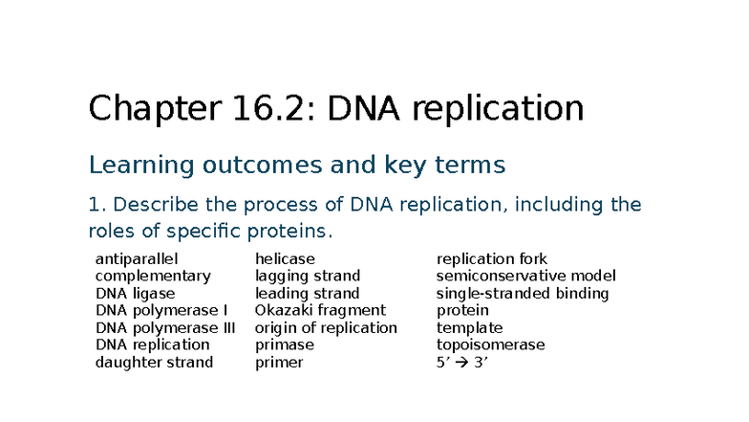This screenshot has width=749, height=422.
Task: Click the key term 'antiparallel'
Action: (137, 259)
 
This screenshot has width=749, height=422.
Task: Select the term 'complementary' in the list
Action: (153, 277)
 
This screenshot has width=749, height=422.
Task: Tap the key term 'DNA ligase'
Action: (136, 294)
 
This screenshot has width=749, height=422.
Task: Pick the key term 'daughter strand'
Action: (154, 363)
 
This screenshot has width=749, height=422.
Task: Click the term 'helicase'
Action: (285, 259)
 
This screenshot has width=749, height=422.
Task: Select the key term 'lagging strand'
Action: (308, 277)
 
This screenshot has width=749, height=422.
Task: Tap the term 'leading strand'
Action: (308, 294)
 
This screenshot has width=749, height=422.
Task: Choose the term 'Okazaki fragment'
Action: (320, 311)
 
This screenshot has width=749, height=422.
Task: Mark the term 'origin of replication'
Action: (326, 328)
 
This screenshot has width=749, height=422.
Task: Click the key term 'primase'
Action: (284, 345)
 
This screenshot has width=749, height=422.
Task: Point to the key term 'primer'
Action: (279, 363)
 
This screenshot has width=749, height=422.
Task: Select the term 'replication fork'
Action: (492, 259)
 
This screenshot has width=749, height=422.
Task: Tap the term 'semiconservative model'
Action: (526, 277)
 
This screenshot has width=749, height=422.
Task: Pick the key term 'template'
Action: (469, 328)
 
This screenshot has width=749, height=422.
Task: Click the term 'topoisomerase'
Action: (490, 345)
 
